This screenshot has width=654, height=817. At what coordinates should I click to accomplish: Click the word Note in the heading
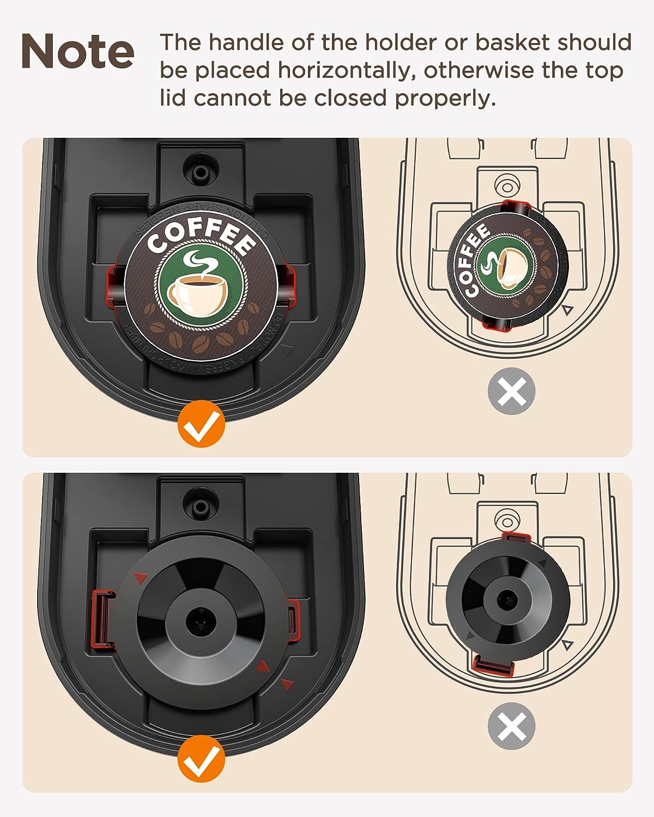click(x=77, y=51)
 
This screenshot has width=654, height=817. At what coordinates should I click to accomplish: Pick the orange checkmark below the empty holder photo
click(x=201, y=759)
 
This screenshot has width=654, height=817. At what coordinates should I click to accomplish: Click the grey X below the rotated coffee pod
click(x=511, y=391)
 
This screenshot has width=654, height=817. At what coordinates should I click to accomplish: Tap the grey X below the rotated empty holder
click(x=511, y=726)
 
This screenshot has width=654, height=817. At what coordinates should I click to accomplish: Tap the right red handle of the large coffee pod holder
click(x=288, y=283)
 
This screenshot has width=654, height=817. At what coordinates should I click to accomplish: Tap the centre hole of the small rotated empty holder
click(x=508, y=599)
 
